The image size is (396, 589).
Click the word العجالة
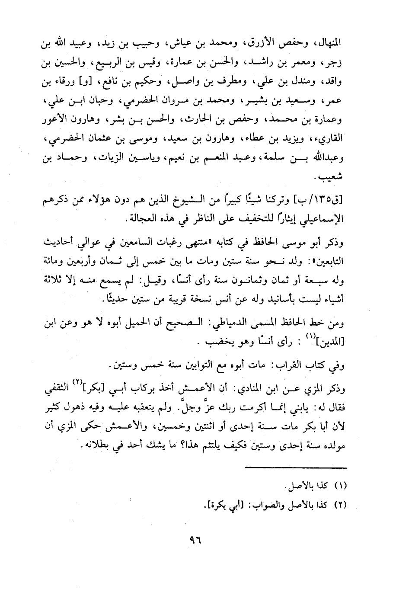[x=146, y=220]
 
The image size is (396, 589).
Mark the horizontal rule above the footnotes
[x=296, y=467]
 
